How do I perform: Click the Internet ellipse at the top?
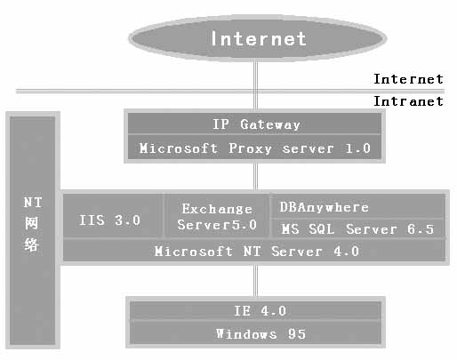pyautogui.click(x=257, y=38)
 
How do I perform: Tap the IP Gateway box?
pyautogui.click(x=254, y=124)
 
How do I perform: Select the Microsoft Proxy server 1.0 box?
pyautogui.click(x=254, y=148)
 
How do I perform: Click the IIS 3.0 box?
pyautogui.click(x=113, y=215)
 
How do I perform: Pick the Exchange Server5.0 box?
pyautogui.click(x=217, y=215)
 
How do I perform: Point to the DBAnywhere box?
pyautogui.click(x=358, y=206)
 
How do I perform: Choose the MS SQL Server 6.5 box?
pyautogui.click(x=358, y=228)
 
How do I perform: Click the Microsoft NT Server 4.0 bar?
pyautogui.click(x=254, y=251)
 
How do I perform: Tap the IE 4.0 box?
pyautogui.click(x=255, y=310)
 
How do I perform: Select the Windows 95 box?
pyautogui.click(x=255, y=333)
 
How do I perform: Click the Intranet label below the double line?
pyautogui.click(x=408, y=101)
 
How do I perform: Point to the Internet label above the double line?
pyautogui.click(x=408, y=79)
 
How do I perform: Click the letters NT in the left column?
pyautogui.click(x=33, y=203)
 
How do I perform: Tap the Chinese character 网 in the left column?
pyautogui.click(x=32, y=223)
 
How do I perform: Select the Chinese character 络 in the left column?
pyautogui.click(x=32, y=244)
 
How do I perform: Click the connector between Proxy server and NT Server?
pyautogui.click(x=255, y=177)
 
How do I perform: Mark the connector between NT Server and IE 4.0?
pyautogui.click(x=255, y=281)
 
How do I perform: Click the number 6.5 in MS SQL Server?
pyautogui.click(x=421, y=229)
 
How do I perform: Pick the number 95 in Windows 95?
pyautogui.click(x=296, y=334)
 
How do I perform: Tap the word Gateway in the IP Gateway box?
pyautogui.click(x=270, y=124)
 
